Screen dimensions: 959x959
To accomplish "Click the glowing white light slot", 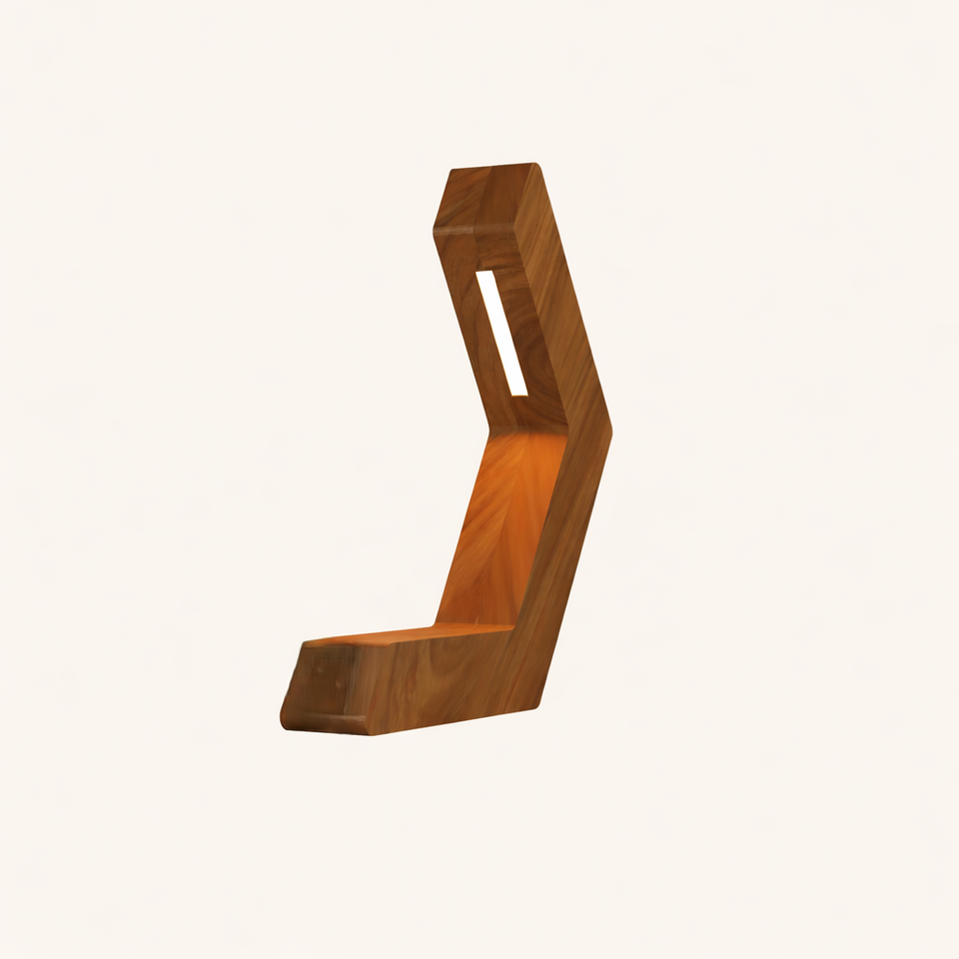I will pyautogui.click(x=502, y=333).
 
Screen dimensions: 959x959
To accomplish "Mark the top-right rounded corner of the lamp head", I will pyautogui.click(x=534, y=167).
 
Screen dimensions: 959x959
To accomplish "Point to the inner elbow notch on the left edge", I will pyautogui.click(x=488, y=433).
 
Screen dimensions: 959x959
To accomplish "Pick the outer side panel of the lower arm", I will pyautogui.click(x=564, y=559).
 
